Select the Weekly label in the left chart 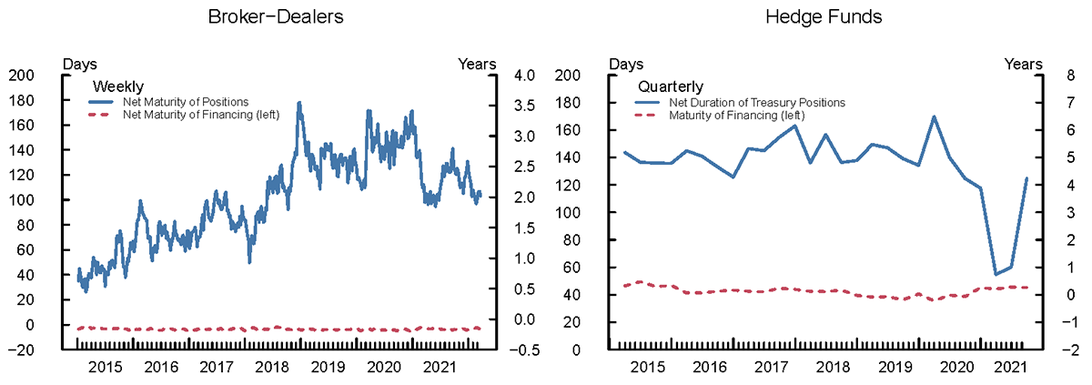(x=112, y=86)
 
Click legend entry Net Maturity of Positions (x=186, y=101)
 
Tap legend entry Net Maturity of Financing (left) (x=200, y=114)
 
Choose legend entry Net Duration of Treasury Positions (x=757, y=103)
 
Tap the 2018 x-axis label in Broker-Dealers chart (x=272, y=367)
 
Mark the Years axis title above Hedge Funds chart (x=1023, y=64)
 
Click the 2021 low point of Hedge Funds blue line (x=996, y=274)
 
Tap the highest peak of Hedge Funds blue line (x=934, y=117)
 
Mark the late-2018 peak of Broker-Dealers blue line (x=298, y=104)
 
